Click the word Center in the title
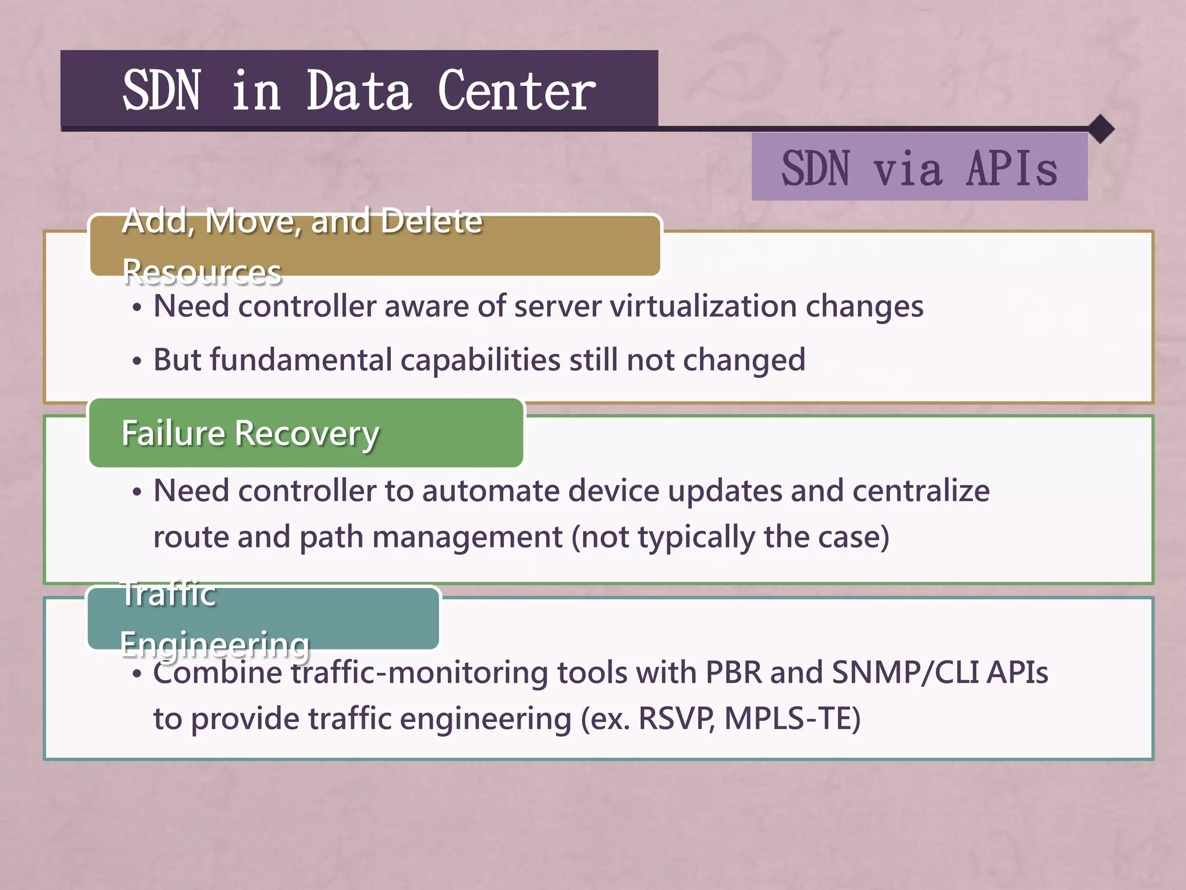click(x=516, y=90)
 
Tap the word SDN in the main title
click(x=162, y=90)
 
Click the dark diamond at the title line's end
click(x=1101, y=129)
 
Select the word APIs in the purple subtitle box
click(x=1012, y=169)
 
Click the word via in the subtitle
click(x=907, y=169)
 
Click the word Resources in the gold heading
click(x=202, y=272)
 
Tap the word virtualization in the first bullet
click(x=703, y=306)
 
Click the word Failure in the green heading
click(x=173, y=433)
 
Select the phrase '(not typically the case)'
click(x=730, y=537)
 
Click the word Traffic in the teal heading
click(x=169, y=593)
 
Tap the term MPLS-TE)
click(x=792, y=719)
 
